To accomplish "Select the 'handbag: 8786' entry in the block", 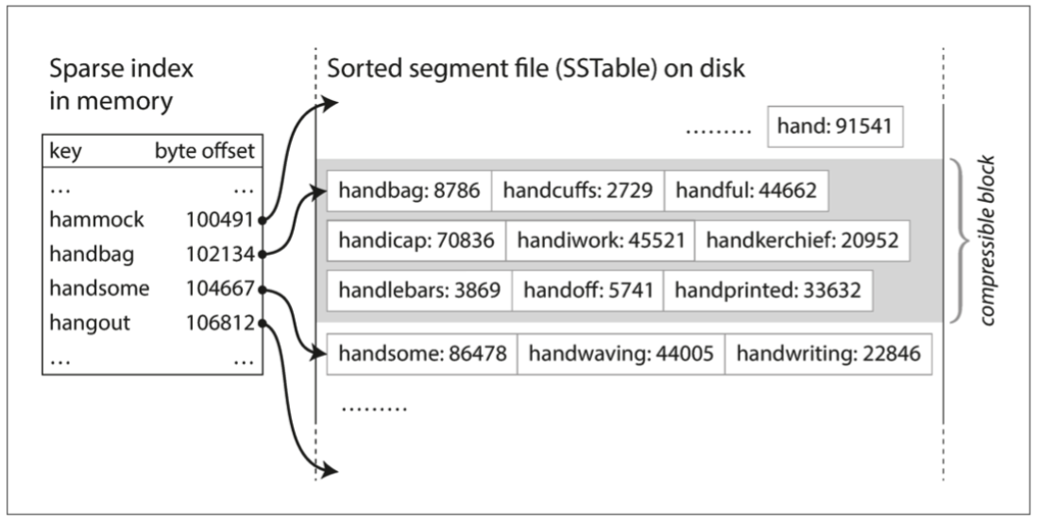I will [408, 193].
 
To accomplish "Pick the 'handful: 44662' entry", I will [746, 193].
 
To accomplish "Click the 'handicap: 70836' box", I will [416, 243].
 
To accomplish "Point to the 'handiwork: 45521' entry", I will [600, 243].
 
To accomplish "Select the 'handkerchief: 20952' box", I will [802, 243].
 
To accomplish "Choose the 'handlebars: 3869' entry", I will [418, 292].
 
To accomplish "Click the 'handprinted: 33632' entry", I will [768, 292].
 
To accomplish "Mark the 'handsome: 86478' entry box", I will [421, 354].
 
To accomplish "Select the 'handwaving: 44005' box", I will [621, 354].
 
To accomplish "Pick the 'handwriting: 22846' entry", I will [827, 354].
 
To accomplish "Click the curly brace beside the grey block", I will [963, 241].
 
